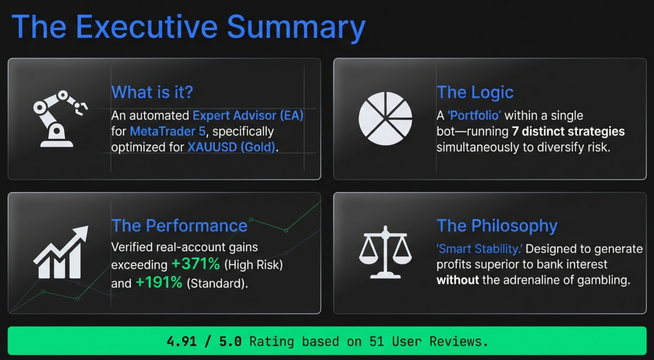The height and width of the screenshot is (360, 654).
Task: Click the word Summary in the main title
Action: (296, 28)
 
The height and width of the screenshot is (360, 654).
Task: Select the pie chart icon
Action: (385, 119)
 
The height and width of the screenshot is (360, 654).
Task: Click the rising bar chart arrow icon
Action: (61, 252)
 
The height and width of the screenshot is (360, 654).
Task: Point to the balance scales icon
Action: (385, 252)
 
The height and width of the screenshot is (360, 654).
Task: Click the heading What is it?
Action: (152, 92)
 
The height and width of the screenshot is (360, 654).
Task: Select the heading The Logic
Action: (475, 92)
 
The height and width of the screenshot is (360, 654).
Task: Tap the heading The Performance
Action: (179, 226)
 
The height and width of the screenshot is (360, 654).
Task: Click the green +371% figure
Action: (195, 264)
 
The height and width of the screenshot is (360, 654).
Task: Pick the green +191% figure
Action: (159, 283)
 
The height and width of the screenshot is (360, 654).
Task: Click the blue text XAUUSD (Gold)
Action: (231, 147)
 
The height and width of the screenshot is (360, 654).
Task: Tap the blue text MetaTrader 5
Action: (168, 131)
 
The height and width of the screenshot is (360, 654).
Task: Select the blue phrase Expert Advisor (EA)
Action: (248, 116)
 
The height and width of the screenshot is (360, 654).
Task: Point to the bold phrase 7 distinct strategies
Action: (568, 131)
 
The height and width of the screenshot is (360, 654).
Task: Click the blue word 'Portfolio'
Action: (474, 116)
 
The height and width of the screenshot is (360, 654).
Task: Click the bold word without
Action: (457, 280)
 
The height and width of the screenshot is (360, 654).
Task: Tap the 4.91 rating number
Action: (182, 341)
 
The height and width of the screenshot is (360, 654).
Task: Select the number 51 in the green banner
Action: (377, 341)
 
